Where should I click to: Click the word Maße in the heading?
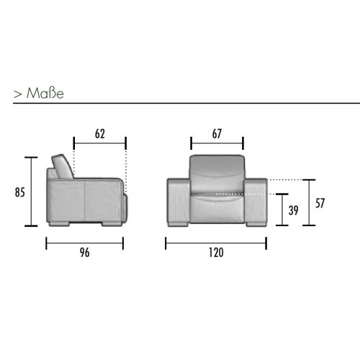pyautogui.click(x=45, y=93)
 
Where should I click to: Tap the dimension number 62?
pyautogui.click(x=100, y=134)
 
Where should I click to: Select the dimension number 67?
pyautogui.click(x=217, y=134)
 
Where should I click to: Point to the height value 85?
pyautogui.click(x=19, y=192)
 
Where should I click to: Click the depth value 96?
pyautogui.click(x=85, y=253)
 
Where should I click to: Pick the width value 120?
pyautogui.click(x=216, y=253)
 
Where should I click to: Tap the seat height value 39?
pyautogui.click(x=293, y=210)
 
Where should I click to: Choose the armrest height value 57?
pyautogui.click(x=320, y=203)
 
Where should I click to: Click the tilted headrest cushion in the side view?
pyautogui.click(x=63, y=166)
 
